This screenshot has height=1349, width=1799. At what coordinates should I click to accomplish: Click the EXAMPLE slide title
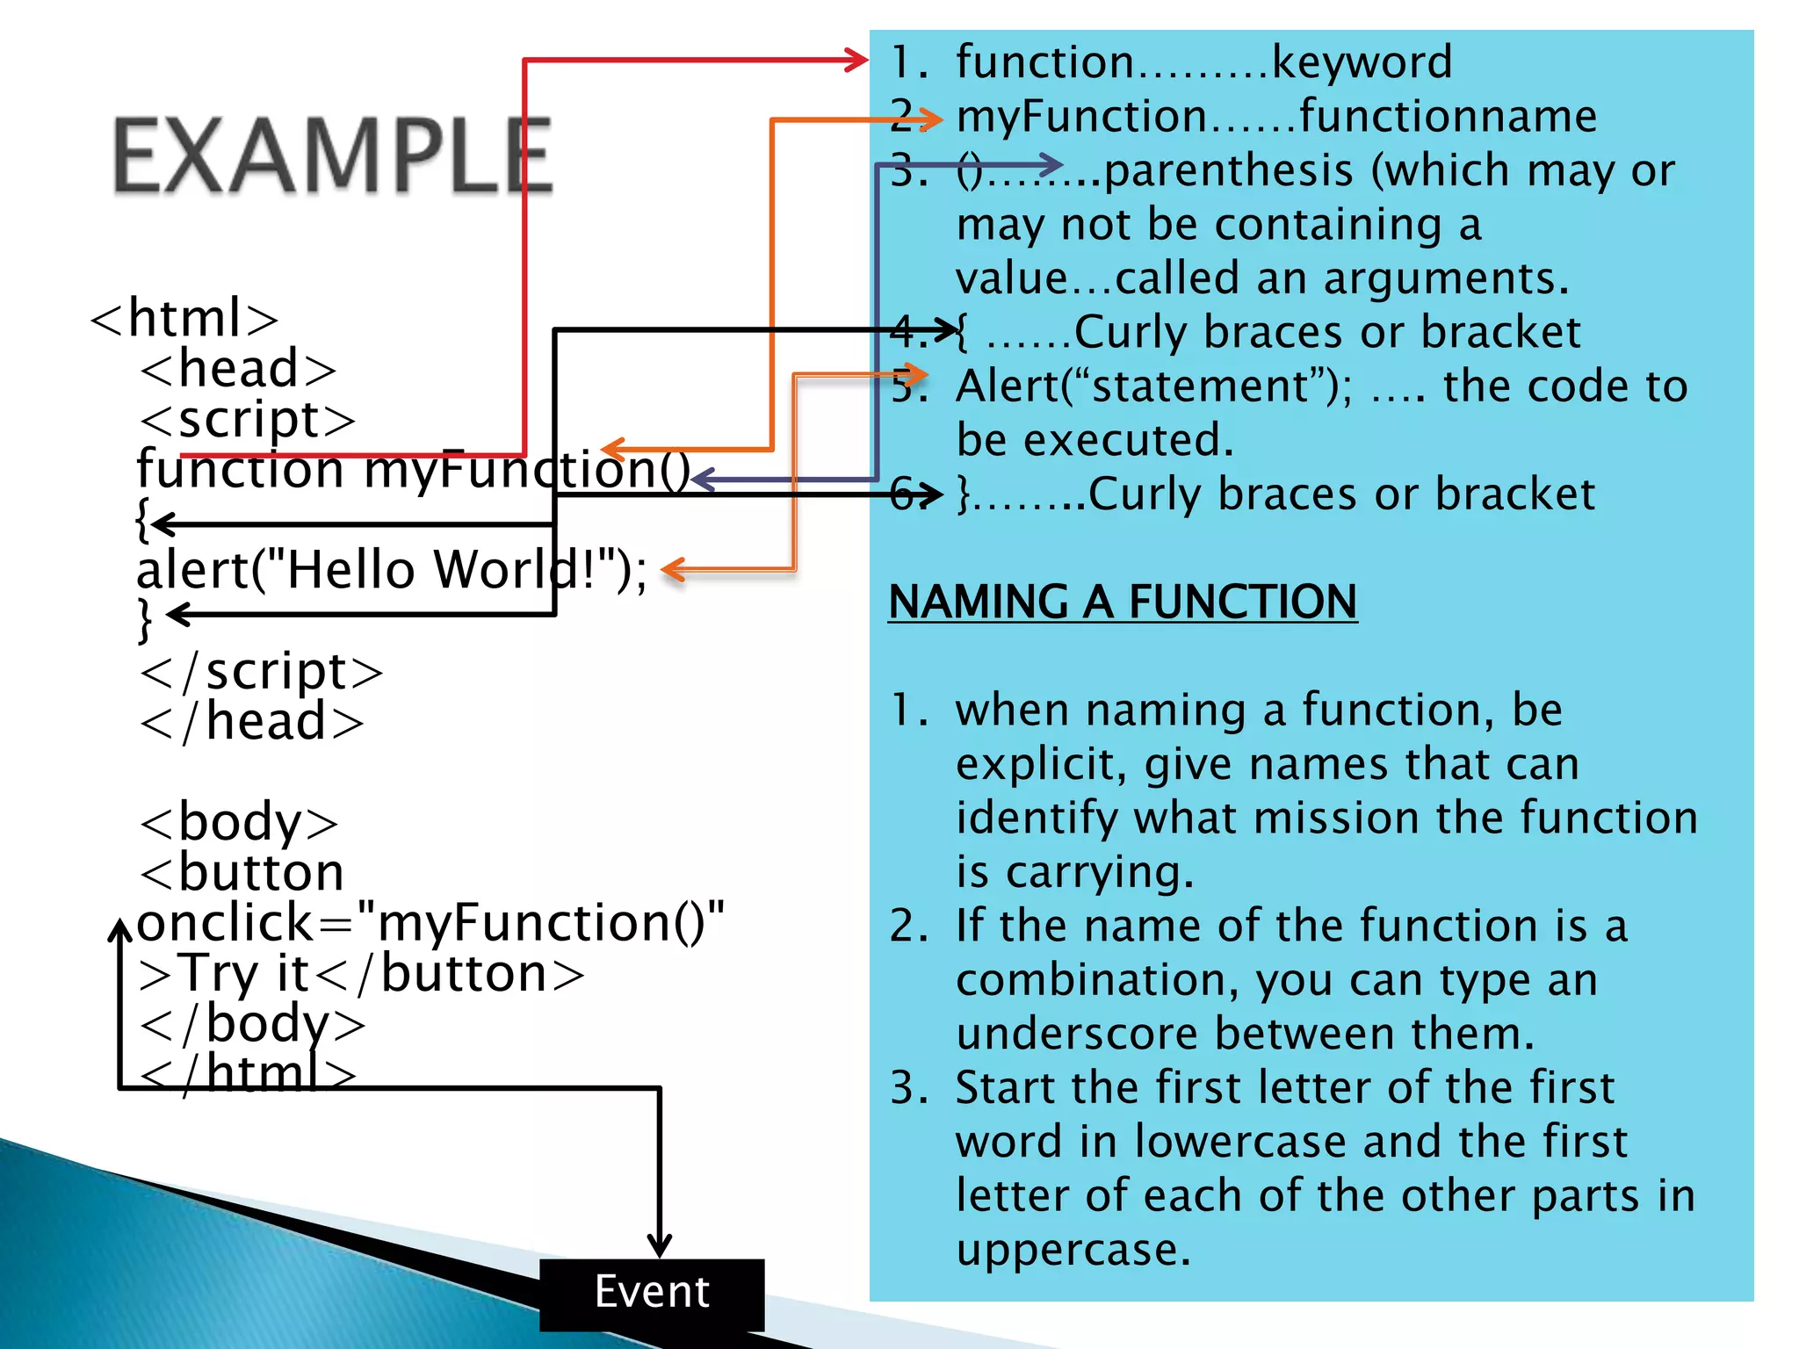pyautogui.click(x=332, y=156)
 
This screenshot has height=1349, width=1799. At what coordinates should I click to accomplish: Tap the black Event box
pyautogui.click(x=651, y=1293)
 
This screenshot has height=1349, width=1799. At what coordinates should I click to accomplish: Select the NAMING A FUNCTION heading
pyautogui.click(x=1123, y=602)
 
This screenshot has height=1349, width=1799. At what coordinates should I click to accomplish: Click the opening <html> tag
pyautogui.click(x=184, y=318)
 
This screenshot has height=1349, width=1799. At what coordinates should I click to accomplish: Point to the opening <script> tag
pyautogui.click(x=248, y=420)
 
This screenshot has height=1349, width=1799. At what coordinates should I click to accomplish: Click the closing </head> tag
pyautogui.click(x=251, y=722)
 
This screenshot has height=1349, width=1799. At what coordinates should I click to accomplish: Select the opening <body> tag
pyautogui.click(x=239, y=823)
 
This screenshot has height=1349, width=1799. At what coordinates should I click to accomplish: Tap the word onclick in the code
pyautogui.click(x=225, y=924)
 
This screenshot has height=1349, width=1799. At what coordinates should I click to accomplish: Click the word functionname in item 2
pyautogui.click(x=1448, y=117)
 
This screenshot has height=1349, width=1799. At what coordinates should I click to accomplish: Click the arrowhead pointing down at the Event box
pyautogui.click(x=659, y=1245)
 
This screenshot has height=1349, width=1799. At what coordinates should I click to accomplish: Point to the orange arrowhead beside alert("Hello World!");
pyautogui.click(x=673, y=569)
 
